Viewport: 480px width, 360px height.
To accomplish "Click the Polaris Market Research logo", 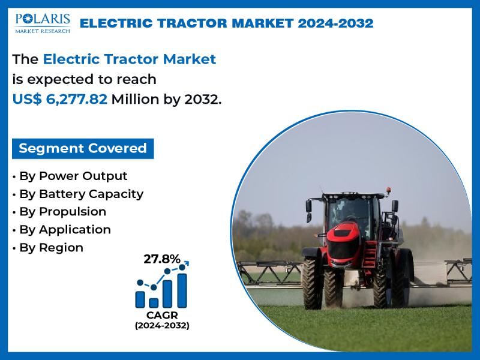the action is (x=43, y=23).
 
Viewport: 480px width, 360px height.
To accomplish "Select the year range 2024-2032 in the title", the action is (x=335, y=23).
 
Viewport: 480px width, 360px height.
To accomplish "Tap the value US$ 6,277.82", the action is (x=60, y=99).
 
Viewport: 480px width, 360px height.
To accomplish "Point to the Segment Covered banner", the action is (x=83, y=148).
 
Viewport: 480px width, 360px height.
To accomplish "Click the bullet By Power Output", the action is (x=70, y=176).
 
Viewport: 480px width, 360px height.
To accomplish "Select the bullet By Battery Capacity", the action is (x=78, y=194).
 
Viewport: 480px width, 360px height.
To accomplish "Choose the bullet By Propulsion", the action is (x=59, y=212).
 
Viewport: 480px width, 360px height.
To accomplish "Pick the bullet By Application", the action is (x=62, y=230).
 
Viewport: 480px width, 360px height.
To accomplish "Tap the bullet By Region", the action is (x=48, y=248).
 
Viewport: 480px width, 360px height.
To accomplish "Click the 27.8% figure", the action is (x=162, y=259).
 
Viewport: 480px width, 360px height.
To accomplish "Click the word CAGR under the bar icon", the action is (x=162, y=315).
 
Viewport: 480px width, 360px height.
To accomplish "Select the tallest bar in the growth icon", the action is (x=182, y=290).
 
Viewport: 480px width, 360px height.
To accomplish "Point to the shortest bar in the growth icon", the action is (x=154, y=303).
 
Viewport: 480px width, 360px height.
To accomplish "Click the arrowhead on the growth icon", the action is (x=187, y=263).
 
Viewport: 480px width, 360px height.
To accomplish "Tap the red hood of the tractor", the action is (x=343, y=235).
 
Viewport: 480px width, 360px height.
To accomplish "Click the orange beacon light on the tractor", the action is (x=388, y=190).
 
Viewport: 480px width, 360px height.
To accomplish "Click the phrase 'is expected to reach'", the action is (x=85, y=79).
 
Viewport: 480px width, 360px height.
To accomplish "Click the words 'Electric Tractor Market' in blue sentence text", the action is (x=130, y=59).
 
